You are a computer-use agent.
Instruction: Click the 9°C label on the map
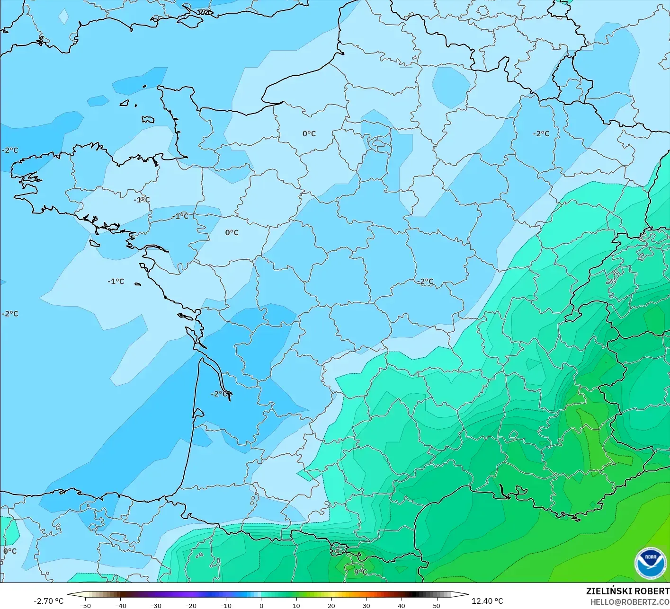360,572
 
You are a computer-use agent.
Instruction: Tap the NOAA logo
650,563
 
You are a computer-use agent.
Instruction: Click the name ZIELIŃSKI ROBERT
627,591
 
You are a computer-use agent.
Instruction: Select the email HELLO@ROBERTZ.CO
630,602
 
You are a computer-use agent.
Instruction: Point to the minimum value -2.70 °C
48,601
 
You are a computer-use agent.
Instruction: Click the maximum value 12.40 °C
487,601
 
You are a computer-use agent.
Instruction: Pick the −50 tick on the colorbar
85,606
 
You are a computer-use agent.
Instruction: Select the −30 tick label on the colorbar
155,606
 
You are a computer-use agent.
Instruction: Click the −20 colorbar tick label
190,606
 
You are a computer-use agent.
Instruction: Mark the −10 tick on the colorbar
226,606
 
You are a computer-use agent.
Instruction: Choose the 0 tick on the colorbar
261,606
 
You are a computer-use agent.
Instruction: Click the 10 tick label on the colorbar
296,606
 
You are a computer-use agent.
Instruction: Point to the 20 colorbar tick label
331,606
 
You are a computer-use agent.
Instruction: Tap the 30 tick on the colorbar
366,606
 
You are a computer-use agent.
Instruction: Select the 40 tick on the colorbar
401,606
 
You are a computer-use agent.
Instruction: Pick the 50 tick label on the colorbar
436,606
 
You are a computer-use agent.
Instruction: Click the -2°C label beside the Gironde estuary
218,394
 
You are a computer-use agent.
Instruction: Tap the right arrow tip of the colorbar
468,595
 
